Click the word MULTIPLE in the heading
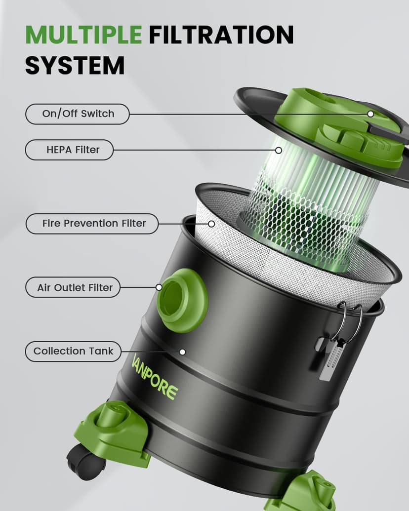point(83,35)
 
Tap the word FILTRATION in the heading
point(221,35)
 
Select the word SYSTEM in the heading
point(75,65)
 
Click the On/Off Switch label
point(78,114)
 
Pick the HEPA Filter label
point(69,150)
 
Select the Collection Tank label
point(73,352)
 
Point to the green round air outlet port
point(182,300)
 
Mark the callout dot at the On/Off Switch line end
point(370,114)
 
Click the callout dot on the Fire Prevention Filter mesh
point(211,224)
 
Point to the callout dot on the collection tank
point(182,352)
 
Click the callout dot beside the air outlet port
point(159,287)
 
